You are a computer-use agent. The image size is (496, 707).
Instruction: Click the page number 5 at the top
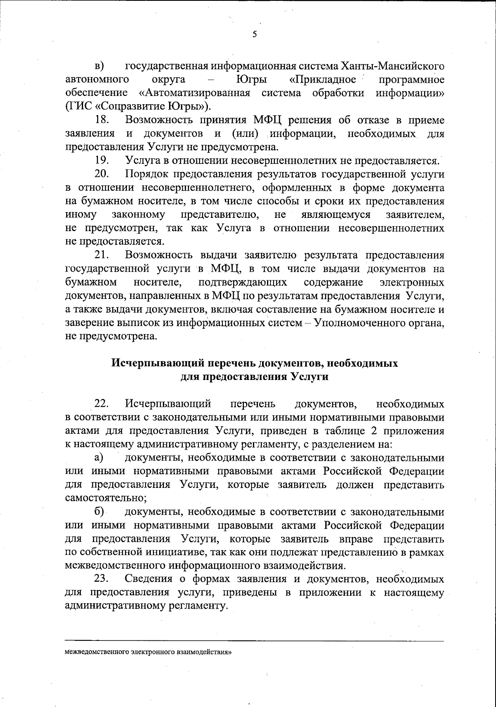pos(255,34)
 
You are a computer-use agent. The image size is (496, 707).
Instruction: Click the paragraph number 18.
pos(102,120)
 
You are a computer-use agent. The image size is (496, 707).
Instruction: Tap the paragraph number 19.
pos(102,160)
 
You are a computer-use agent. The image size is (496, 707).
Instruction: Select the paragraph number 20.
pos(102,174)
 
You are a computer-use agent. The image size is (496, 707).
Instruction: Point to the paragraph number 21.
pos(102,255)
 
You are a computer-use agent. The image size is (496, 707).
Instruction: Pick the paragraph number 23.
pos(102,578)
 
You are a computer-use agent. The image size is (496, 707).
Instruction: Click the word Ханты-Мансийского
pos(393,66)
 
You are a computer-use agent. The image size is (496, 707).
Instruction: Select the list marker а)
pos(99,457)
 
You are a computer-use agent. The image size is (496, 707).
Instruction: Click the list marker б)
pos(99,512)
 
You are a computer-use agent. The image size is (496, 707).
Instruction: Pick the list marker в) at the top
pos(99,66)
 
